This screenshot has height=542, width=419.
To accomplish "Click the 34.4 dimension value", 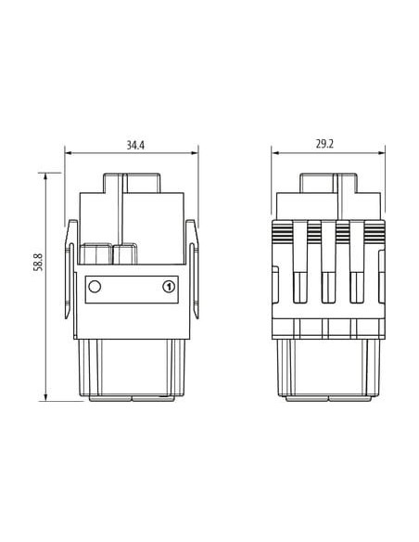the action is (135, 145).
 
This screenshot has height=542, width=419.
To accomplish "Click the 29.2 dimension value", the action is (324, 144).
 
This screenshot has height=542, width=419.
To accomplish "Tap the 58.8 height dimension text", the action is (38, 262).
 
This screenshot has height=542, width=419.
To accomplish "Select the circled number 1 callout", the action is (169, 287).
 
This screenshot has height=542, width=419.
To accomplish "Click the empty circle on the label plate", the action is (95, 287).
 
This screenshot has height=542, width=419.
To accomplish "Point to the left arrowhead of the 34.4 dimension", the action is (68, 153).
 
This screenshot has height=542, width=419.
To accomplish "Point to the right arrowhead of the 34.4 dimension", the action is (195, 153).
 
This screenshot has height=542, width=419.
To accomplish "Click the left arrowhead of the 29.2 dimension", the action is (274, 153).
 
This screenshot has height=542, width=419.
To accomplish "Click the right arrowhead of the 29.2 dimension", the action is (381, 153).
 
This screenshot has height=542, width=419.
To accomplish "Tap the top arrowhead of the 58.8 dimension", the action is (45, 176).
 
